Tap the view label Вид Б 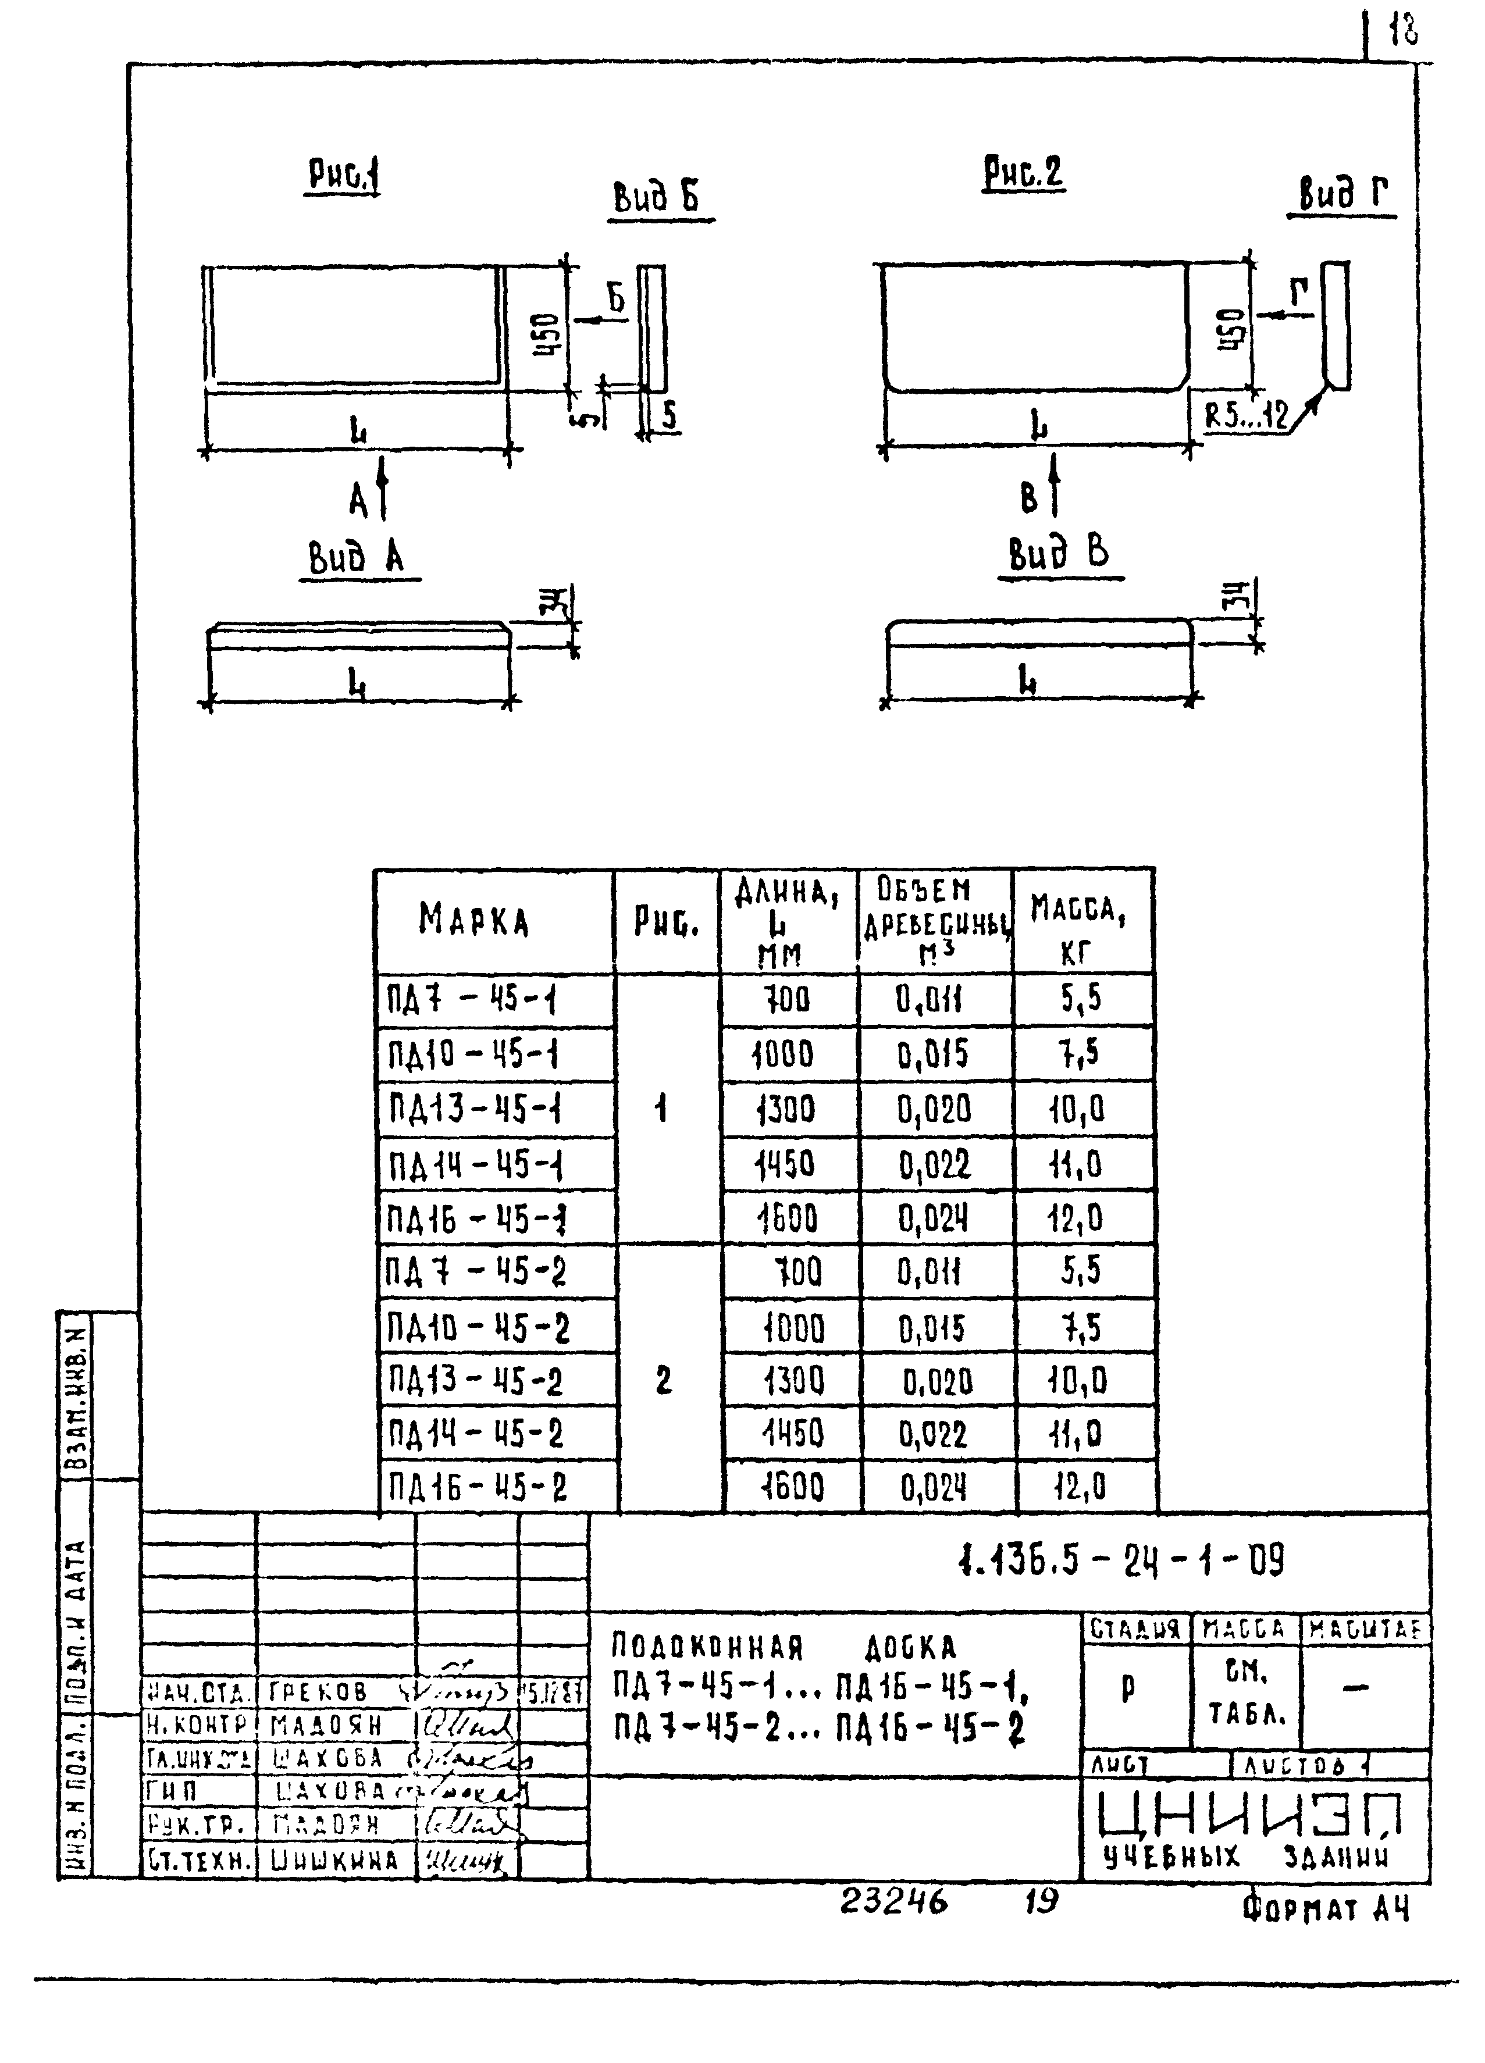pyautogui.click(x=656, y=197)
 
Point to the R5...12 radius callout pyautogui.click(x=1247, y=416)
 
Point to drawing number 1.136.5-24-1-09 pyautogui.click(x=1121, y=1562)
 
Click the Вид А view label pyautogui.click(x=357, y=558)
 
